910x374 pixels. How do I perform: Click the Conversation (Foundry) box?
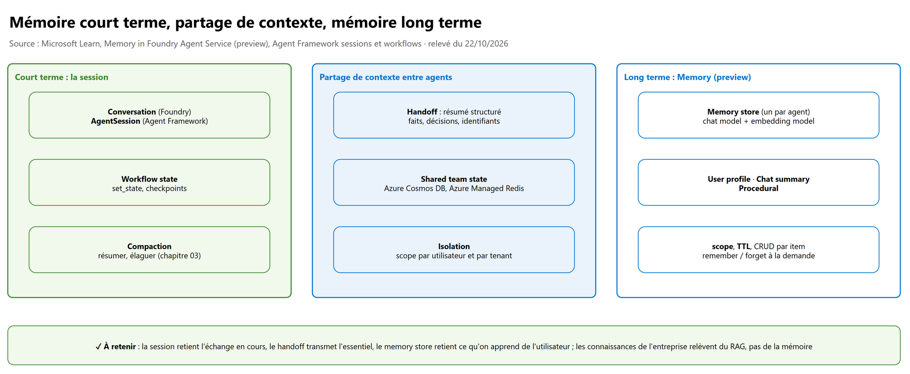pos(149,115)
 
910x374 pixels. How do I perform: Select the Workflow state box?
pos(149,183)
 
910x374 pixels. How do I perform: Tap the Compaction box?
pos(149,250)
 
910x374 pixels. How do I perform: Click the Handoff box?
pos(454,115)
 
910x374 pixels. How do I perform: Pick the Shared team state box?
pos(454,183)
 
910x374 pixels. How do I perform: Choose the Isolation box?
pos(454,250)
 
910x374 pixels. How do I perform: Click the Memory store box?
pos(758,115)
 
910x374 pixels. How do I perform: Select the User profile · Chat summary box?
pos(758,183)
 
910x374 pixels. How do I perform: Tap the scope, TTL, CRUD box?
pos(758,250)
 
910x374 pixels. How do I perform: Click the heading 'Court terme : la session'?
pos(61,77)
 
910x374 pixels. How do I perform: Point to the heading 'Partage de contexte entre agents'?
pos(386,77)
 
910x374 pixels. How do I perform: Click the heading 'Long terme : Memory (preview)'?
pos(687,77)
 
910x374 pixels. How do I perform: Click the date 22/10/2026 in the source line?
pos(487,43)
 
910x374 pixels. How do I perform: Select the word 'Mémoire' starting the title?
pos(43,22)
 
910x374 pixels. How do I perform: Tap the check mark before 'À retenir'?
pos(98,347)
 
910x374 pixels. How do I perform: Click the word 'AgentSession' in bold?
pos(116,121)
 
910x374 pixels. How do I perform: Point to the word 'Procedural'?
pos(758,188)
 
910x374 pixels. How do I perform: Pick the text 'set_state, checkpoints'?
pos(149,188)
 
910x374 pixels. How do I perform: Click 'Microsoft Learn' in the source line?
pos(71,43)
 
